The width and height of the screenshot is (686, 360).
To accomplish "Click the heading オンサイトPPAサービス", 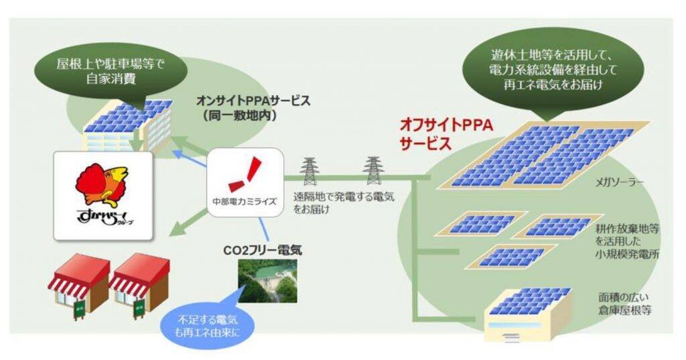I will (253, 107).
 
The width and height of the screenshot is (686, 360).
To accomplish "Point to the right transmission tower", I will (372, 170).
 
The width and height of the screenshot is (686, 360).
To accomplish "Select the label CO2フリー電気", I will (263, 251).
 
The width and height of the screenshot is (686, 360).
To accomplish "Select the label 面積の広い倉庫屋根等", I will (624, 304).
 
